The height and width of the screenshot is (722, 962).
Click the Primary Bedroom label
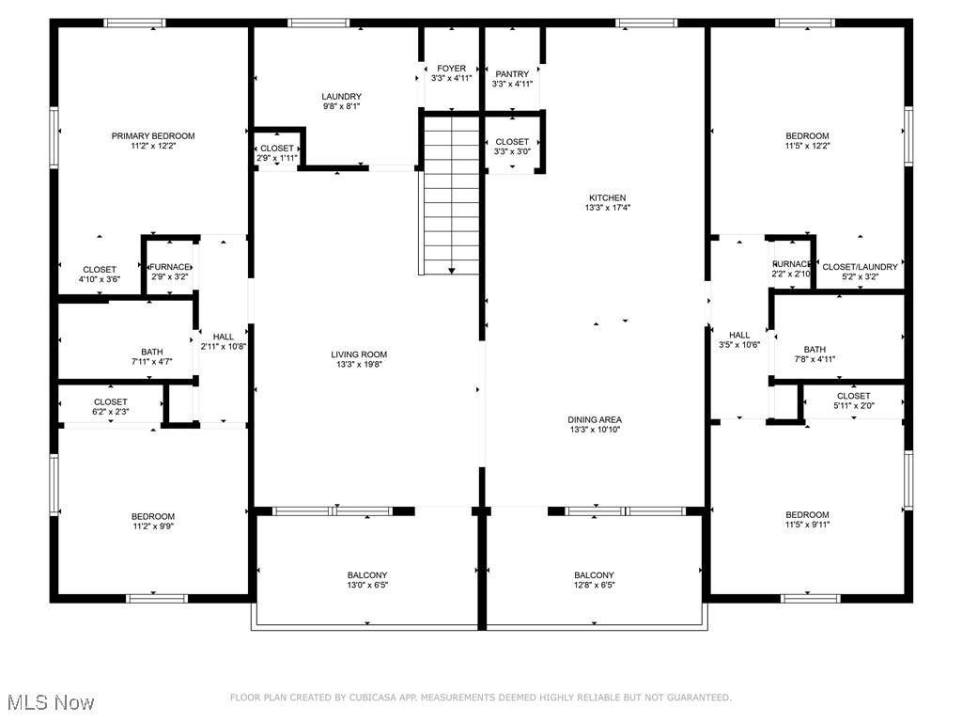click(x=153, y=141)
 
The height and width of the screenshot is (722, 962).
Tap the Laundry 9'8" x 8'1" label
click(x=341, y=102)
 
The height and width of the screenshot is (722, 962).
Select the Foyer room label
click(x=451, y=74)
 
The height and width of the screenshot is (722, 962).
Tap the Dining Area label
click(x=594, y=424)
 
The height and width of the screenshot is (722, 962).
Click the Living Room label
click(x=357, y=359)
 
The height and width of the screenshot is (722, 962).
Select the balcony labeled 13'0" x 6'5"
click(x=366, y=580)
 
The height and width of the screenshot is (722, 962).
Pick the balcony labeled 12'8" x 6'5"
click(x=594, y=580)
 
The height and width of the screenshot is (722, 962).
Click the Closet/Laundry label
click(x=860, y=272)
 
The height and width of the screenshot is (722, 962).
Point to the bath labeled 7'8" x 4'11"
click(x=814, y=353)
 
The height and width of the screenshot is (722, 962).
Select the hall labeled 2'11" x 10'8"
click(x=224, y=341)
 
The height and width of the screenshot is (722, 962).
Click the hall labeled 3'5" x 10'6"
click(x=739, y=339)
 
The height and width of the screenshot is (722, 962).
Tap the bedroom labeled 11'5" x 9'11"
click(x=807, y=519)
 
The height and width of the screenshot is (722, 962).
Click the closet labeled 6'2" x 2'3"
click(x=110, y=406)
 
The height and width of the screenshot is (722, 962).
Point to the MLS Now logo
click(x=51, y=702)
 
